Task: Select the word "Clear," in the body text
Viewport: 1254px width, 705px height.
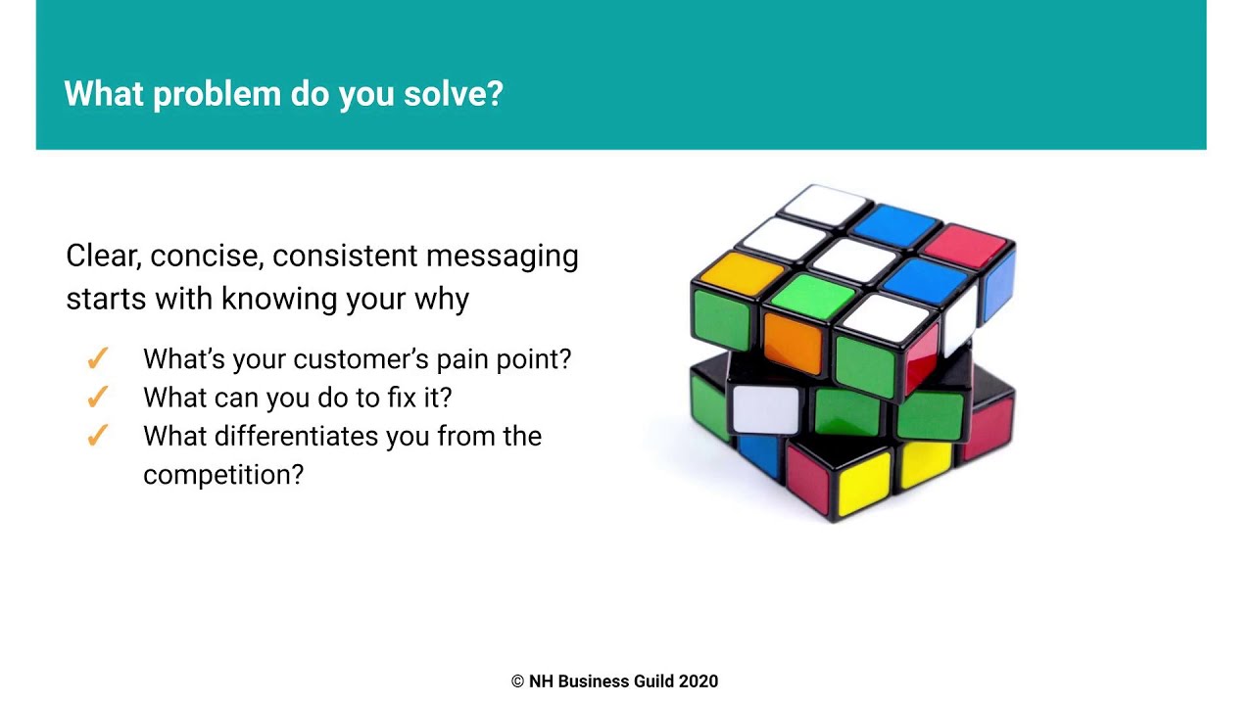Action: point(104,257)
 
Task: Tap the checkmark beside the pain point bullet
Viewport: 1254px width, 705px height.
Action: point(97,359)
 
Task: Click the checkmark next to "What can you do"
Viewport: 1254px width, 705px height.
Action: point(97,398)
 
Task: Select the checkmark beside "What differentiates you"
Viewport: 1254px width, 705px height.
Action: point(97,436)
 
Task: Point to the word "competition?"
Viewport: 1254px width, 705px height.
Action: point(223,475)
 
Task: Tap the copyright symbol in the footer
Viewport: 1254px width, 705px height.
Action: point(517,681)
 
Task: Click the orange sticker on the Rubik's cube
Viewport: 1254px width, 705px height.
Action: point(791,344)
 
